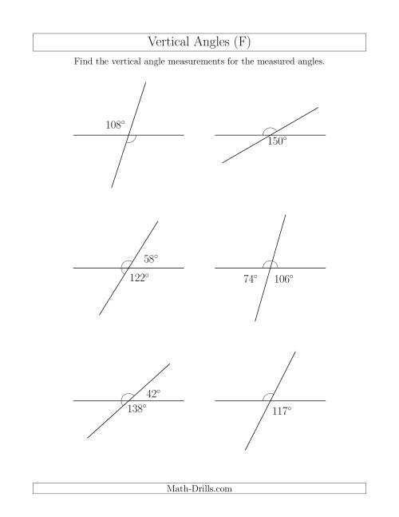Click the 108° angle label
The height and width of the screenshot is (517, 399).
[x=116, y=125]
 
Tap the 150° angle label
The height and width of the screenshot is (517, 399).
[x=277, y=142]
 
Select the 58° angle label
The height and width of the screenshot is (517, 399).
[x=151, y=259]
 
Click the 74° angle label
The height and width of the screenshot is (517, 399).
[x=251, y=280]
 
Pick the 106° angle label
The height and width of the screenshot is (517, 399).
[x=283, y=280]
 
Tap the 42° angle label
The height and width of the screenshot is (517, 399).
[x=153, y=393]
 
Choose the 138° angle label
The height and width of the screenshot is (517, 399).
[x=137, y=409]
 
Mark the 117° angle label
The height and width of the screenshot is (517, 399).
[x=282, y=411]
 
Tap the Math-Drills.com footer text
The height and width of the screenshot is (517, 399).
[x=199, y=487]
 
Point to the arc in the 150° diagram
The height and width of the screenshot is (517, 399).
[x=271, y=130]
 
